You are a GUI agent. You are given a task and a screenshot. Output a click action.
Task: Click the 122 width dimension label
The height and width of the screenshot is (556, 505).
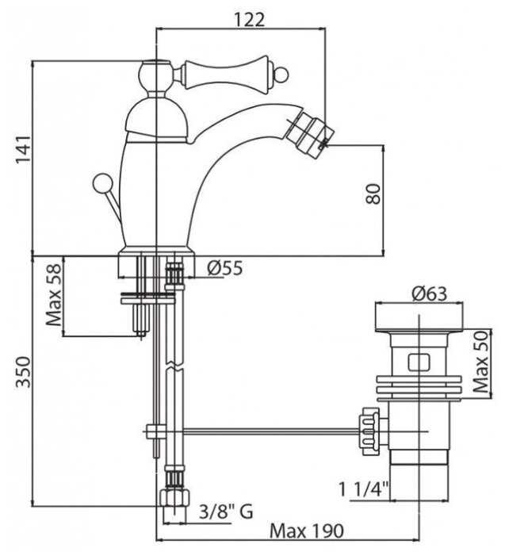point(249,20)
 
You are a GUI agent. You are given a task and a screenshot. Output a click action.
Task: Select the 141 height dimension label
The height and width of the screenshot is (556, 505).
point(23,149)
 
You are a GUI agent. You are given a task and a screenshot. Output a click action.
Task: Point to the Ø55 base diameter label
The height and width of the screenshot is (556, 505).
point(225,267)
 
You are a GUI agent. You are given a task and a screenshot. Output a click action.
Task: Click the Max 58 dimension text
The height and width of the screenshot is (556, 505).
point(54,295)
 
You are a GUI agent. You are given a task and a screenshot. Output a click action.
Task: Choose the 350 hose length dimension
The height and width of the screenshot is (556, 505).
point(24,372)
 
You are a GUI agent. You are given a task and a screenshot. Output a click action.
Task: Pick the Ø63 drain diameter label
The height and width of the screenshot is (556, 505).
point(429,293)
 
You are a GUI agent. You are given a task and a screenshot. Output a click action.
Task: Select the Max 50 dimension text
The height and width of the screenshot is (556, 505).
point(481,362)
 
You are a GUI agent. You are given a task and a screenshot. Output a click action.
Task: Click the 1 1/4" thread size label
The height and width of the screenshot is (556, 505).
point(364,489)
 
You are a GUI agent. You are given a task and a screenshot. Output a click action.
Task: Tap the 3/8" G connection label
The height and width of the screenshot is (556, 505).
point(226,512)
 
